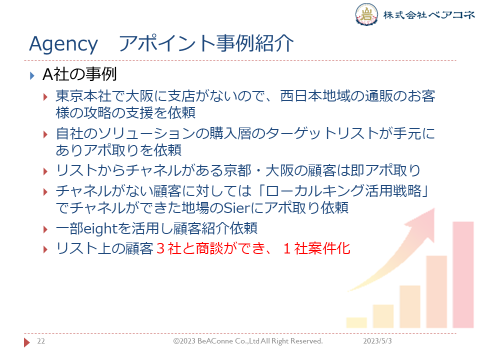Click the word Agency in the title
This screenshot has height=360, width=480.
pos(63,44)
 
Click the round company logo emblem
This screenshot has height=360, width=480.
pos(366,14)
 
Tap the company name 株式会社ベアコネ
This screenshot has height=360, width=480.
pos(429,14)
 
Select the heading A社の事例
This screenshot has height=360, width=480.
pos(79,74)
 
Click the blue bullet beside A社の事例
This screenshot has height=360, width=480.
pos(32,75)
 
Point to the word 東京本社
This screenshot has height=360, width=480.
pos(83,96)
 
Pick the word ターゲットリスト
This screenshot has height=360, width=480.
pos(322,133)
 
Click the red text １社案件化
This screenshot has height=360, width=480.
pos(316,248)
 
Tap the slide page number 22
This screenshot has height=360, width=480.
pos(41,341)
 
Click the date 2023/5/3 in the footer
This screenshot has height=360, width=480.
pos(377,341)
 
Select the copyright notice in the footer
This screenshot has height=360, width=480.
pos(248,341)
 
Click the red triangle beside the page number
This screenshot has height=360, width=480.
pos(27,342)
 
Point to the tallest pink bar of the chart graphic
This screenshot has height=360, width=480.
pos(463,274)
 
